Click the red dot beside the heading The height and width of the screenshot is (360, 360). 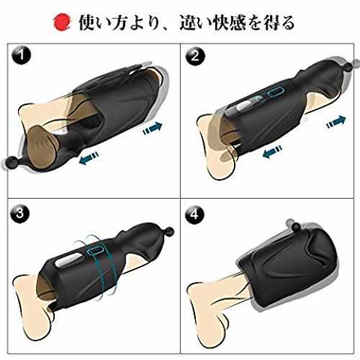click(x=63, y=22)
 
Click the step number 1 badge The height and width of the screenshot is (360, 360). click(x=22, y=56)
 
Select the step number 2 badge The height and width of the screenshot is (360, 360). click(x=195, y=56)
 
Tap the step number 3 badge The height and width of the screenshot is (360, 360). click(x=21, y=214)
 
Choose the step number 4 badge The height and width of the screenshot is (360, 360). click(x=194, y=214)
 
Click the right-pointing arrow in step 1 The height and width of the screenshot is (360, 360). click(x=153, y=128)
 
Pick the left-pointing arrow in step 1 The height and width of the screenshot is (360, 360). click(x=89, y=158)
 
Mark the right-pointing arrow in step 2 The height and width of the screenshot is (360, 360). click(x=336, y=122)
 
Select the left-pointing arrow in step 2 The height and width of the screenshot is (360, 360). click(x=272, y=152)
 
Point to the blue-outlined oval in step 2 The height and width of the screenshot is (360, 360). click(x=276, y=93)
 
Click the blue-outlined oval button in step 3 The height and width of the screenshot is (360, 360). click(x=96, y=251)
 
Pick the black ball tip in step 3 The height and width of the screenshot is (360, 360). click(x=168, y=233)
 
